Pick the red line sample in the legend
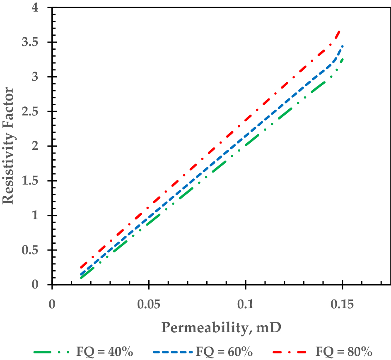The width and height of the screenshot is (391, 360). click(x=292, y=353)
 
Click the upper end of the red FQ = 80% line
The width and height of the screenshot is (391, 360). click(x=340, y=31)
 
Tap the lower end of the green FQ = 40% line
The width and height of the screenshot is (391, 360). click(x=82, y=277)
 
